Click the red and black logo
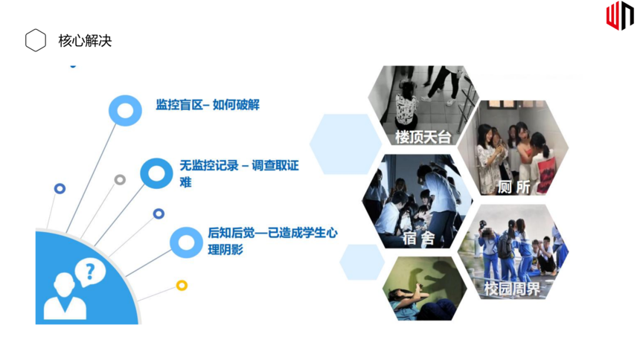pos(620,16)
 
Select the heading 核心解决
pos(85,41)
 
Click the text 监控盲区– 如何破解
pos(208,105)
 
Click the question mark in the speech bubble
pos(90,271)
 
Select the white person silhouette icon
pos(65,297)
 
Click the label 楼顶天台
pos(423,137)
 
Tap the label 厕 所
pos(513,187)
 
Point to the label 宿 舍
pos(418,238)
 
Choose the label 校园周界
pos(512,289)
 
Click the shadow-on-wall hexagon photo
pos(424,289)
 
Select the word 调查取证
pos(275,165)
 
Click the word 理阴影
pos(225,249)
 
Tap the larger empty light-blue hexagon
pos(345,144)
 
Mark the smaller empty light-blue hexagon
pos(362,262)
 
